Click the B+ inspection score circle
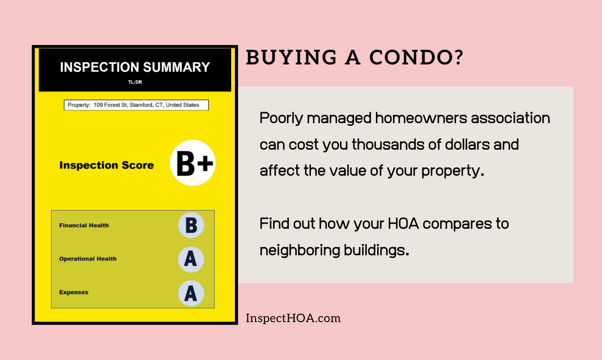(193, 163)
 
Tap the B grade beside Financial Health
(191, 225)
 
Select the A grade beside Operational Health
(191, 259)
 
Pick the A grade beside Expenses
(191, 293)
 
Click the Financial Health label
(84, 225)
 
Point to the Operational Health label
(88, 259)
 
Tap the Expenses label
(73, 293)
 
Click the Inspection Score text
(107, 165)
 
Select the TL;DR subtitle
(135, 82)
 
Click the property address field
(136, 105)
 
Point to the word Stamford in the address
(141, 105)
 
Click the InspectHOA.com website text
(293, 318)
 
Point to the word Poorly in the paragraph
(281, 118)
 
